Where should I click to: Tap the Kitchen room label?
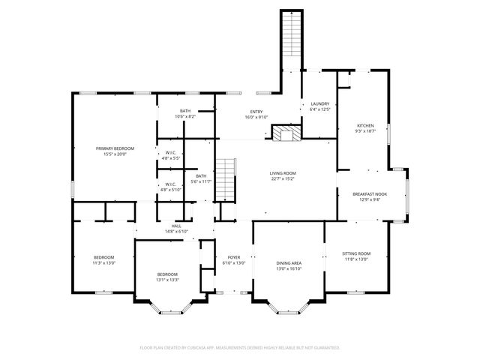coord(365,125)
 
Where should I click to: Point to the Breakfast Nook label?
coord(370,194)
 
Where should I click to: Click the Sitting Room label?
coord(356,254)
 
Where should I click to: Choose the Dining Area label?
coord(289,262)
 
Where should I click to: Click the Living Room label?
coord(283,173)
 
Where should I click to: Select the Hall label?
coord(176,226)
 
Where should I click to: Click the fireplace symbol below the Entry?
coord(284,134)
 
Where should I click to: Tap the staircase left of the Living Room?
coord(226,180)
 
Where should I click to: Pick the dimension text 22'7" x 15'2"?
coord(283,178)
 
